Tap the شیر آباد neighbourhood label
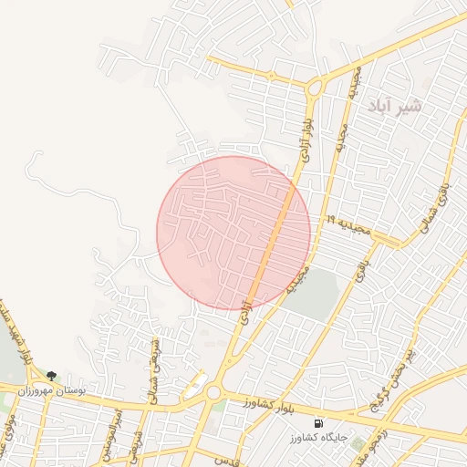tap(396, 107)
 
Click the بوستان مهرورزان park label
tap(77, 389)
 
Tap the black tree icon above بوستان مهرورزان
tap(51, 376)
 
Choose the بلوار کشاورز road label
tap(274, 403)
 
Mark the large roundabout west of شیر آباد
tap(315, 88)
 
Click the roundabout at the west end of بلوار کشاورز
tap(214, 392)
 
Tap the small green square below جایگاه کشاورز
tap(359, 447)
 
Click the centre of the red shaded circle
tap(233, 233)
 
